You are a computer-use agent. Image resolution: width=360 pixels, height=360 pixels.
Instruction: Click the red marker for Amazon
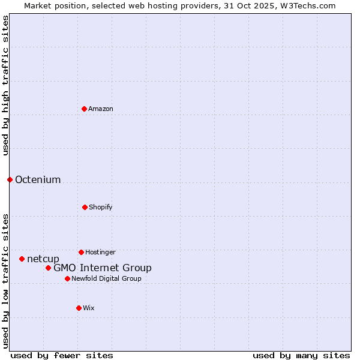(x=84, y=109)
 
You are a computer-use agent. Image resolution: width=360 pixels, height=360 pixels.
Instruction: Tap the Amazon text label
(x=101, y=109)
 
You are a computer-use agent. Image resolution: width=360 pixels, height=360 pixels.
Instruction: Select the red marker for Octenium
(x=10, y=179)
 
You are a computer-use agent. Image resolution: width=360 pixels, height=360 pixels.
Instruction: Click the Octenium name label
(x=38, y=180)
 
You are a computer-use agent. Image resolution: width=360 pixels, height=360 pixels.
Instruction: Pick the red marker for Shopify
(x=85, y=207)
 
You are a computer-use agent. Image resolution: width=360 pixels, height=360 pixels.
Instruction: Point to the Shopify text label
(x=101, y=208)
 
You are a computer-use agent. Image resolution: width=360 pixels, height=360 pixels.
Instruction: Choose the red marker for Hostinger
(x=81, y=252)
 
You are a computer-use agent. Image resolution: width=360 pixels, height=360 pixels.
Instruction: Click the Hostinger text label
(x=100, y=253)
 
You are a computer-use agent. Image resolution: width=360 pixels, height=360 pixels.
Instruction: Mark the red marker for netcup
(x=22, y=259)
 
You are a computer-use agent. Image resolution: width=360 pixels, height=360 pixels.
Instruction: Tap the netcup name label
(x=43, y=259)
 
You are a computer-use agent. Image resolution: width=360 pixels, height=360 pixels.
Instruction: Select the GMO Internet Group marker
(x=48, y=268)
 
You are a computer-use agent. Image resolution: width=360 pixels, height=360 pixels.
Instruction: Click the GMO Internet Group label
(x=103, y=268)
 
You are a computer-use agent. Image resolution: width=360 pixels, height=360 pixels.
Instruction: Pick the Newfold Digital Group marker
(x=67, y=278)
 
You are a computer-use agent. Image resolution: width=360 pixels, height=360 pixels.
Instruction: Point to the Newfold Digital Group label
(x=107, y=279)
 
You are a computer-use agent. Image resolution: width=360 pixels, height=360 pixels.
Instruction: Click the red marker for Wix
(x=79, y=308)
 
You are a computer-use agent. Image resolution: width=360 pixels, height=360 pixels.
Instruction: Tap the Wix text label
(x=89, y=308)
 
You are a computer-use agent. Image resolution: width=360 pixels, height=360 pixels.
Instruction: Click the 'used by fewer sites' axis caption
(x=62, y=355)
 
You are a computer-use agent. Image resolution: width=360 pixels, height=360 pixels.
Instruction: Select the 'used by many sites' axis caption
(x=301, y=355)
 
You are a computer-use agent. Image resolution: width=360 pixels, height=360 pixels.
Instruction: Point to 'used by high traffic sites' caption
(x=5, y=85)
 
